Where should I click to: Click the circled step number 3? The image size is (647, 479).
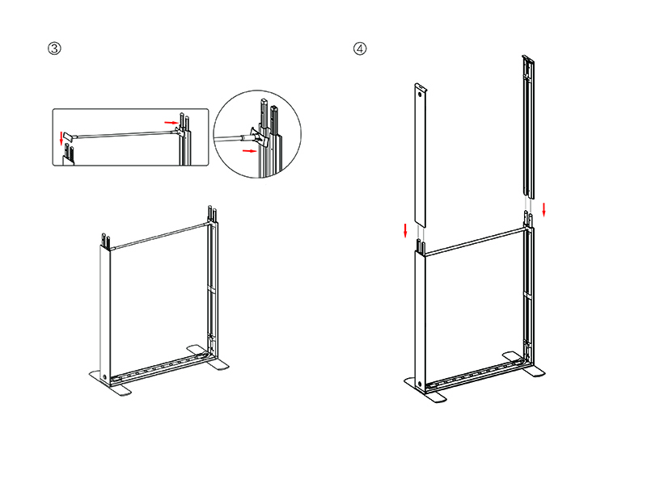tap(54, 48)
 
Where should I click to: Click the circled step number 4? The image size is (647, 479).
tap(360, 48)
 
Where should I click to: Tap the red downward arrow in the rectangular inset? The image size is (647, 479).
tap(61, 138)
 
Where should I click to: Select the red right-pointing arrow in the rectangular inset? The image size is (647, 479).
tap(171, 123)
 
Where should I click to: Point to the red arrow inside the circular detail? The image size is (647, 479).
tap(249, 151)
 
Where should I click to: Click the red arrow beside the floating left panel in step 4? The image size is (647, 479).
tap(405, 230)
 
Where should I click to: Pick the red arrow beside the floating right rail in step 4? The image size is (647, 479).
tap(543, 209)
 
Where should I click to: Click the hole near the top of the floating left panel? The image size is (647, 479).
tap(420, 94)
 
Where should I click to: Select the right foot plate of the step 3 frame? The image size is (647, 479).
tap(208, 357)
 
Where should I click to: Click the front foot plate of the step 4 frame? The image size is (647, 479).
tap(425, 390)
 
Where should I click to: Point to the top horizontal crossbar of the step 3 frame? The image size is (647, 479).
tap(161, 236)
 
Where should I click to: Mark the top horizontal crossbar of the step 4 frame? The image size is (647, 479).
tap(476, 242)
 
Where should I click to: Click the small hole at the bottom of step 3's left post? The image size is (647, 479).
tap(104, 376)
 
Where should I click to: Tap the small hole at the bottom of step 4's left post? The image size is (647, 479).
tap(420, 384)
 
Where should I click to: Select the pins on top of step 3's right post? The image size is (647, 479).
tap(213, 213)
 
